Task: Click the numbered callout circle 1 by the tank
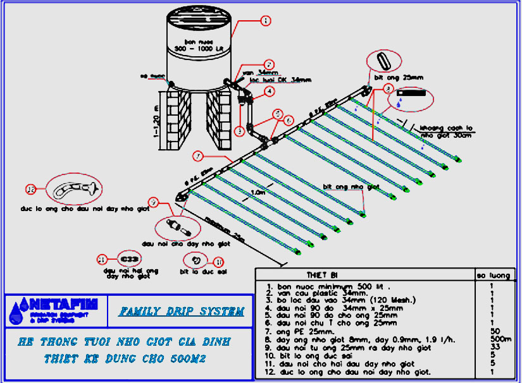pos(265,21)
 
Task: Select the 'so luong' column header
pos(495,275)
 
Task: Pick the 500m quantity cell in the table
pos(495,339)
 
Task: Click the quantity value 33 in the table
pos(495,347)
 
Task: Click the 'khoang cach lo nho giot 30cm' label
pos(445,131)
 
